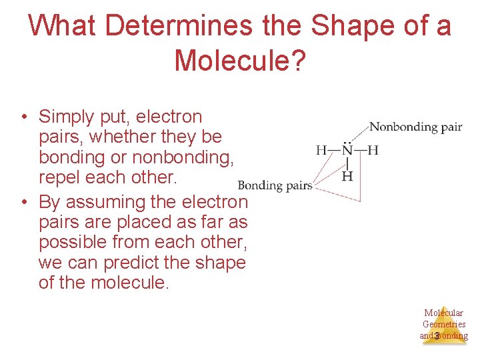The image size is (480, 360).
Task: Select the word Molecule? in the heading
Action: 240,61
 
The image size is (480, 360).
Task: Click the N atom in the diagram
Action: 347,151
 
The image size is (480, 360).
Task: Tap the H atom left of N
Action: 322,151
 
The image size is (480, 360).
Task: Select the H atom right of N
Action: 373,151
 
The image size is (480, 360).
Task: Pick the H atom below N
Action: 347,176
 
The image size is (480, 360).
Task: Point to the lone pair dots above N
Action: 347,141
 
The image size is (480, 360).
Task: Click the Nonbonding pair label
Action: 415,127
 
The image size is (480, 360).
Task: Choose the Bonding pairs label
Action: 275,185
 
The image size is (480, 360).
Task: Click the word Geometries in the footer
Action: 444,324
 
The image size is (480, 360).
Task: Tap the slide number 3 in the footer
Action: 436,336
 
